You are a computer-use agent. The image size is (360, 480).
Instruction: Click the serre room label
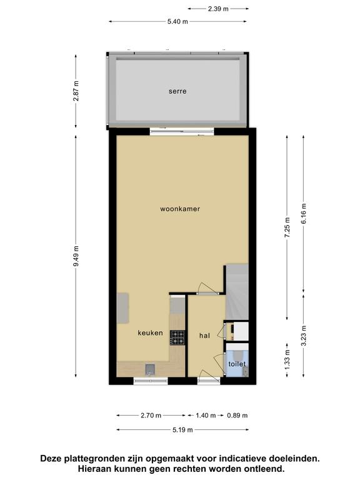pyautogui.click(x=177, y=91)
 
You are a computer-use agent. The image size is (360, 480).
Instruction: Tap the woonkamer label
pyautogui.click(x=180, y=209)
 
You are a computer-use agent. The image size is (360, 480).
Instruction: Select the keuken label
pyautogui.click(x=150, y=332)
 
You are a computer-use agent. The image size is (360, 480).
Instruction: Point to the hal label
pyautogui.click(x=204, y=336)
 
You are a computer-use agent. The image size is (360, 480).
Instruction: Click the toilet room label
pyautogui.click(x=237, y=364)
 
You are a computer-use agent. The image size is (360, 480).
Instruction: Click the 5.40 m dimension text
pyautogui.click(x=177, y=21)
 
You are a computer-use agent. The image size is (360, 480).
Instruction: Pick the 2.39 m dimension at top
pyautogui.click(x=218, y=9)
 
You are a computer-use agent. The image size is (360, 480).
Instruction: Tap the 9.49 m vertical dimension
pyautogui.click(x=76, y=256)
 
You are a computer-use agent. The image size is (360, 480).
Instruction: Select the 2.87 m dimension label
pyautogui.click(x=76, y=91)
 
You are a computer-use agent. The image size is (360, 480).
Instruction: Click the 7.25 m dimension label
pyautogui.click(x=287, y=227)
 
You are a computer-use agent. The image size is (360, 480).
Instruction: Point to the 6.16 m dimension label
pyautogui.click(x=303, y=213)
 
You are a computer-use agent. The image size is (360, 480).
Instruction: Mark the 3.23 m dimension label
pyautogui.click(x=303, y=336)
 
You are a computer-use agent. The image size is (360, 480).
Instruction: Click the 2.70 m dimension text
pyautogui.click(x=151, y=416)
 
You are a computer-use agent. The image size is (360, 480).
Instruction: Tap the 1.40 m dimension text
pyautogui.click(x=206, y=416)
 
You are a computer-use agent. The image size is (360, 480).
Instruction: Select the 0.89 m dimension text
pyautogui.click(x=237, y=416)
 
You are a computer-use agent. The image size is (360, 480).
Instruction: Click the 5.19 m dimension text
pyautogui.click(x=182, y=430)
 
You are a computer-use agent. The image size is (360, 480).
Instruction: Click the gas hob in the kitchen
pyautogui.click(x=177, y=337)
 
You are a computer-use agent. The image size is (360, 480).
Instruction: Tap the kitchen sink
pyautogui.click(x=150, y=370)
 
